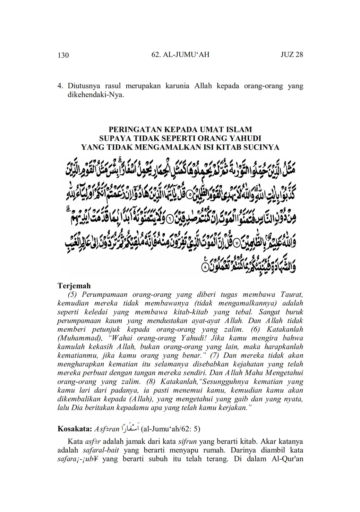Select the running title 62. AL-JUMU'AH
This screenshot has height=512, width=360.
coord(180,54)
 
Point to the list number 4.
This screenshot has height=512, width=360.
coord(60,86)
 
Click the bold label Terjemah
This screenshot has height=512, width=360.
coord(74,286)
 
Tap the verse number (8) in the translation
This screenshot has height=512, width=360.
coord(154,381)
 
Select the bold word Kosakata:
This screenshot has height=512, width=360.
coord(75,428)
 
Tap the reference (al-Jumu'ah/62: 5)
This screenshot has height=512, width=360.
coord(171,428)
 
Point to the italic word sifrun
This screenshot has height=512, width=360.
coord(187,442)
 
